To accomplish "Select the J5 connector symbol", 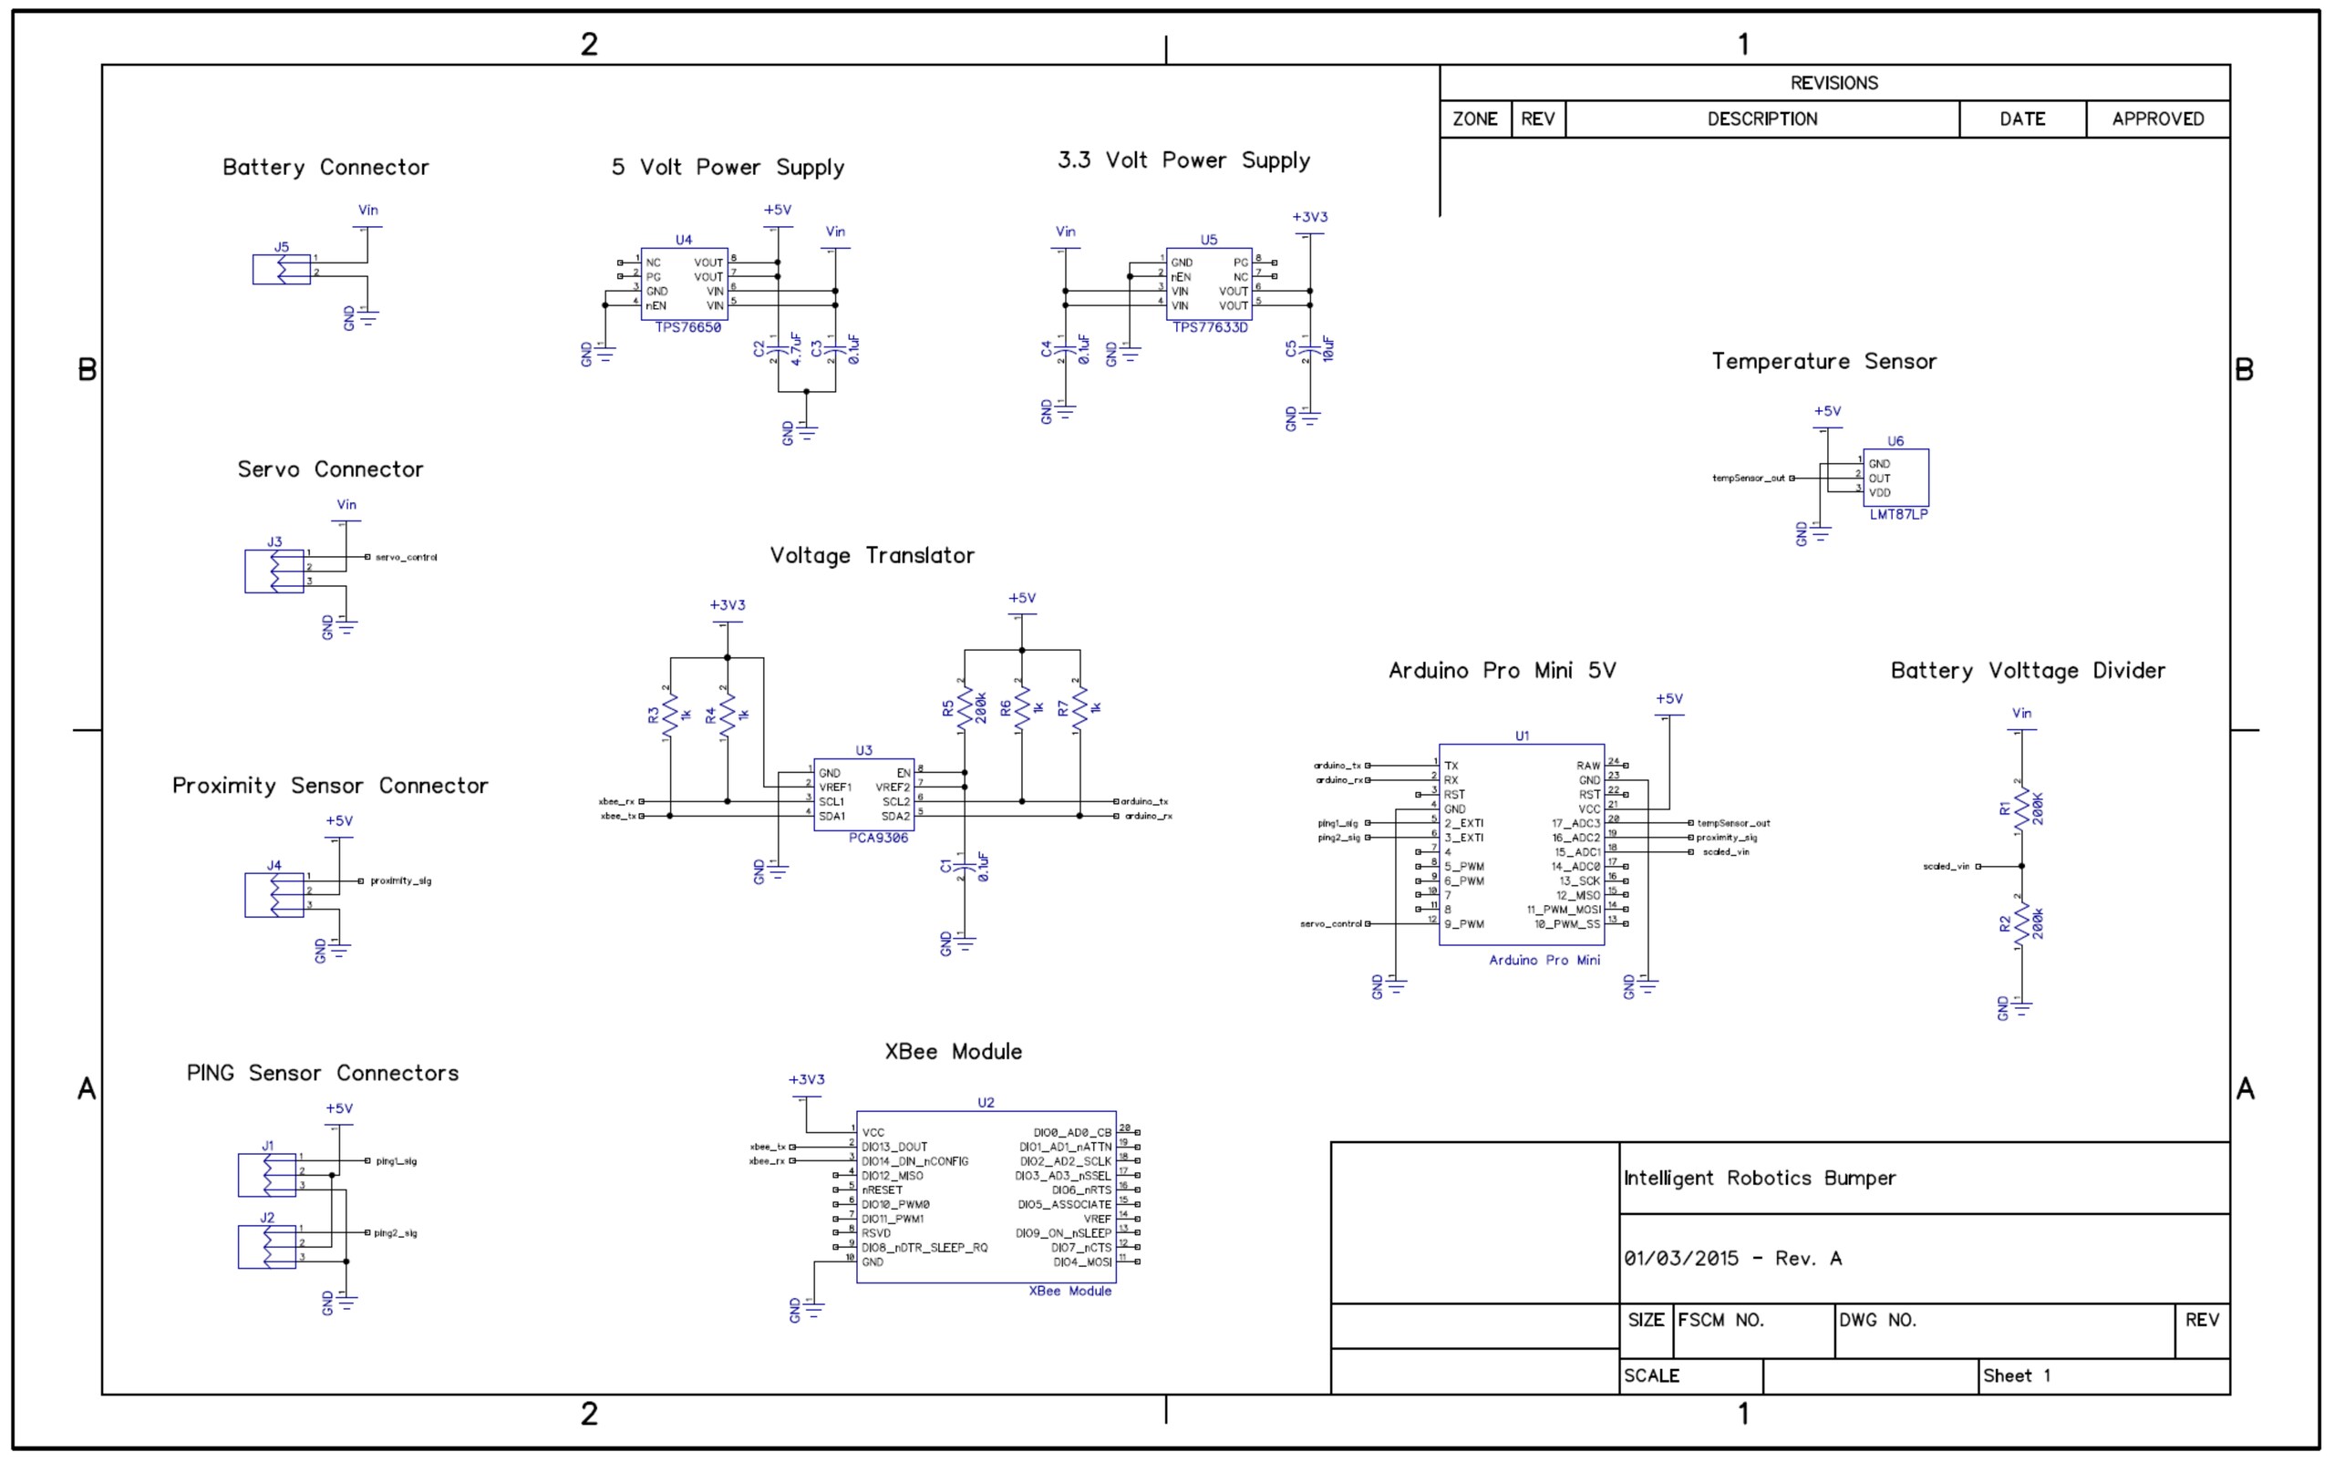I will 282,270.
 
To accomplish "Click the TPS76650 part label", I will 687,328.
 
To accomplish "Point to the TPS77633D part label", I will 1210,328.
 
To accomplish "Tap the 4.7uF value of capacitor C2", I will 796,349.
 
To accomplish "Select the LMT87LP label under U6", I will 1898,514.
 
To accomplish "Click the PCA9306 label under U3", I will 878,839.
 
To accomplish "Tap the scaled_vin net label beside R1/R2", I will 1946,867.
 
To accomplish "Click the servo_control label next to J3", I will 407,558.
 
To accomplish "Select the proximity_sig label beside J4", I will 400,880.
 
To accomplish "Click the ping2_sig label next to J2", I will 396,1234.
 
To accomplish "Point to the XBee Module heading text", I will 953,1052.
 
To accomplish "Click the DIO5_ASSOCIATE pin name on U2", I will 1064,1205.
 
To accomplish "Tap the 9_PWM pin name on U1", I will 1463,924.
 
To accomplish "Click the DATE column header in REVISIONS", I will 2021,118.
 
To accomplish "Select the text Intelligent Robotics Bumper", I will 1759,1179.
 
